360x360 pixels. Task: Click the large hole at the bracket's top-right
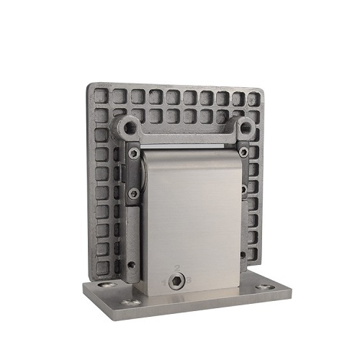(245, 127)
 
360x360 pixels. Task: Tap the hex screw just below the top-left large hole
(133, 153)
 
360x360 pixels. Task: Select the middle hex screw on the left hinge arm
(133, 193)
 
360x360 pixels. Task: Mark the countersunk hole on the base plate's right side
(266, 287)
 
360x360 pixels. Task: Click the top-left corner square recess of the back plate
(100, 96)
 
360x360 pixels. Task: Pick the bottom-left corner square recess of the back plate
(102, 266)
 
